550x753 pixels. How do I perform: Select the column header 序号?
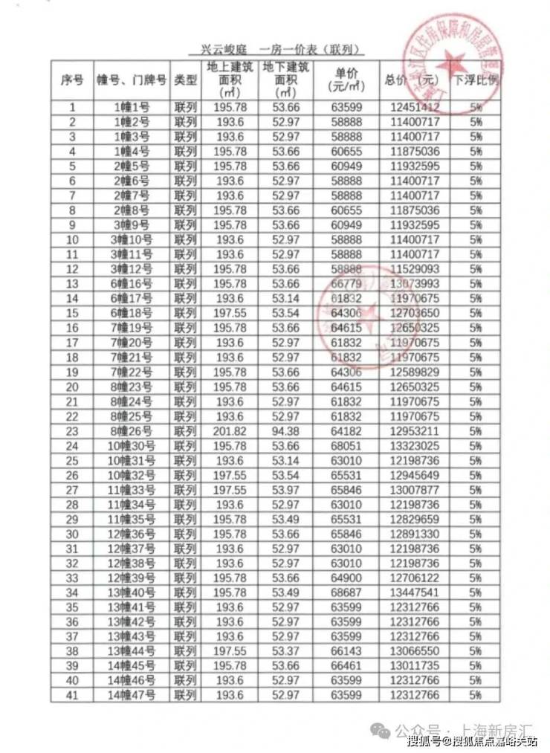(72, 80)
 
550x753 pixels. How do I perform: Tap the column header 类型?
(184, 80)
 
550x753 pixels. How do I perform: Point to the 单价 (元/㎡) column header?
(346, 80)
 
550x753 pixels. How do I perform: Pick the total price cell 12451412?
(415, 108)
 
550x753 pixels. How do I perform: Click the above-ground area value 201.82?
(229, 430)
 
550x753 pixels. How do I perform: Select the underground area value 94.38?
(286, 430)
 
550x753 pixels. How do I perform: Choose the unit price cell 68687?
(346, 592)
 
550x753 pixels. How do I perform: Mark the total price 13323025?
(415, 445)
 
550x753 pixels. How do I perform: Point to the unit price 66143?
(346, 651)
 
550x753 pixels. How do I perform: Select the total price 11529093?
(415, 269)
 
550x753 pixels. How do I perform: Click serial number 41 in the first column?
(72, 696)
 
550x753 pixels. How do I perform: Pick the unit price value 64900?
(346, 578)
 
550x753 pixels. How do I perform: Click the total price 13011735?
(415, 666)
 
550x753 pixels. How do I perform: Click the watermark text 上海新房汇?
(495, 728)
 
